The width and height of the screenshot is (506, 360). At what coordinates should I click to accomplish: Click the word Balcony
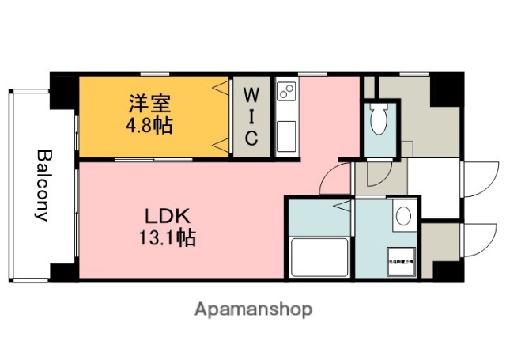[x=43, y=185]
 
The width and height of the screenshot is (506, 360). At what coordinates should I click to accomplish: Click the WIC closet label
[x=250, y=116]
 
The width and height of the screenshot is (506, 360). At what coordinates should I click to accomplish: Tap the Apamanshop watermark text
[x=252, y=309]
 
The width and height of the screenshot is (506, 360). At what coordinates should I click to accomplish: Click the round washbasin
[x=404, y=216]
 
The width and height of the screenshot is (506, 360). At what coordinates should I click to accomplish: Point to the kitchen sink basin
[x=285, y=135]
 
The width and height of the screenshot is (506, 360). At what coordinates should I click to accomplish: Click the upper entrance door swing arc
[x=475, y=178]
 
